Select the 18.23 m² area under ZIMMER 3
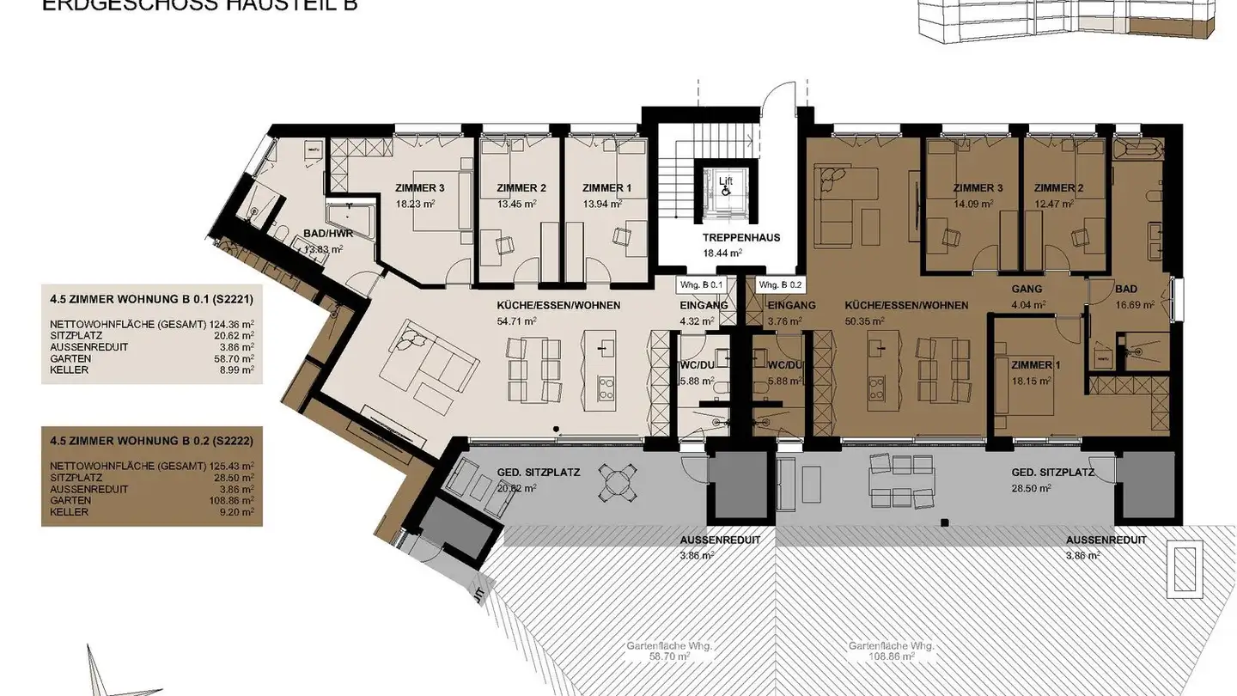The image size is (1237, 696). (415, 204)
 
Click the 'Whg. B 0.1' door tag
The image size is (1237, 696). (702, 284)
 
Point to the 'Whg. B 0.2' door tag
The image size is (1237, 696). (779, 284)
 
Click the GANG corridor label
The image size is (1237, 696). (1027, 290)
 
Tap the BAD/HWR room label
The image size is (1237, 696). (323, 233)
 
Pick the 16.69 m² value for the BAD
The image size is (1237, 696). (1133, 304)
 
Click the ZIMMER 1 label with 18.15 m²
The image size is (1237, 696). (1036, 365)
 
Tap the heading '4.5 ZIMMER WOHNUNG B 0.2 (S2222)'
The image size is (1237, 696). (150, 439)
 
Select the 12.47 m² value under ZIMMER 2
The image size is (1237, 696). (1055, 204)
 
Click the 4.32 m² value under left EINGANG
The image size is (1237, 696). (698, 321)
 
